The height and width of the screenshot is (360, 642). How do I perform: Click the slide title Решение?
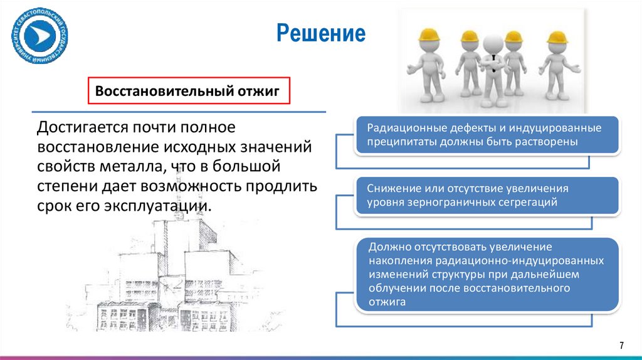321,33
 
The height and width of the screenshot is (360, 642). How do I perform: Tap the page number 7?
621,346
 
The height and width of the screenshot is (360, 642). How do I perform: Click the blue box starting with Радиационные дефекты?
487,135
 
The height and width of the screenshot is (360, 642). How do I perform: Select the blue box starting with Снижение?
487,195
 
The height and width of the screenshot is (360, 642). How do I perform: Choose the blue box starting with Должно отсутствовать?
487,274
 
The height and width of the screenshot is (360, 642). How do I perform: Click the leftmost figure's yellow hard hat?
429,34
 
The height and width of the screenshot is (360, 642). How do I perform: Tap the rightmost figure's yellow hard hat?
556,37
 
